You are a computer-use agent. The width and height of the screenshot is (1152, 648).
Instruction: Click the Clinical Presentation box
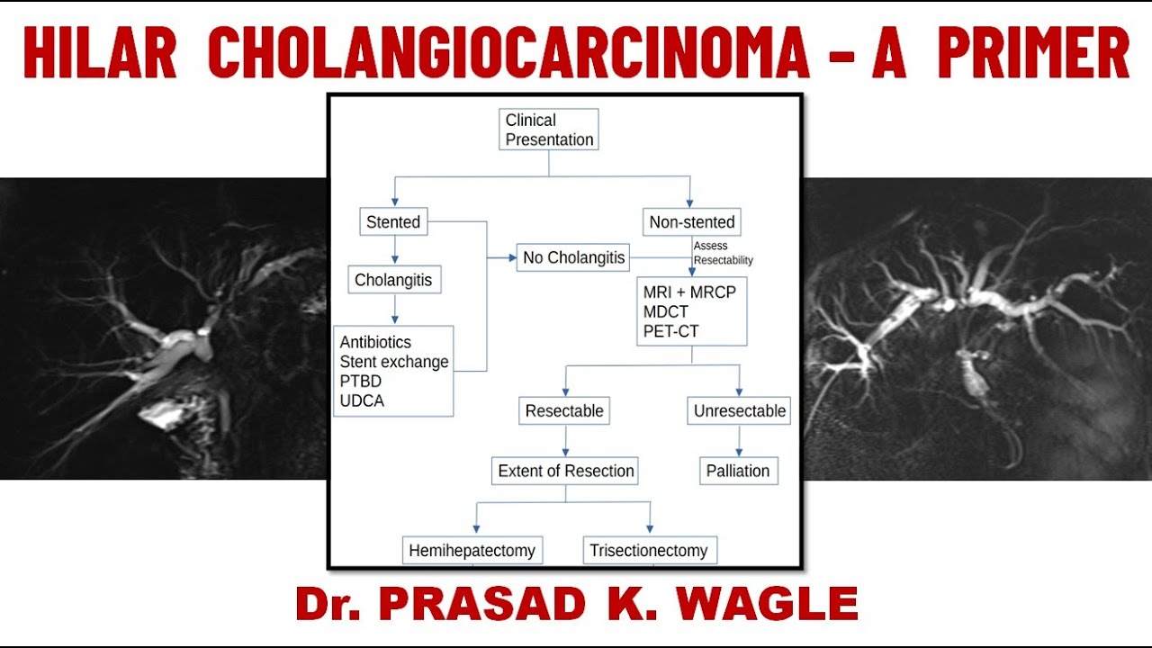click(548, 130)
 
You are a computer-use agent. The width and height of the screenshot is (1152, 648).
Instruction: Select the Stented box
click(393, 221)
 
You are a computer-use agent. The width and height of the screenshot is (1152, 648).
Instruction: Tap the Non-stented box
click(692, 221)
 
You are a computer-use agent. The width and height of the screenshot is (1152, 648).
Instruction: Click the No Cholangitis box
click(573, 257)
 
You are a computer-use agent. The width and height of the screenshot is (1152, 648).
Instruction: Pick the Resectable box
click(564, 411)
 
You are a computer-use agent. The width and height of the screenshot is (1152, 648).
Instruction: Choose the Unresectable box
click(739, 411)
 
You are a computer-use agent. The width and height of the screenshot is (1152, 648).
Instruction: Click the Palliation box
click(738, 471)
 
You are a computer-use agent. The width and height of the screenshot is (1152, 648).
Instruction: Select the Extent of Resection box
click(565, 471)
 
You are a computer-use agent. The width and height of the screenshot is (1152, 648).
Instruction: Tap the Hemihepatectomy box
click(472, 550)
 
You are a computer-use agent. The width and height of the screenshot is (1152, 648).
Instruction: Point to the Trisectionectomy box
click(648, 550)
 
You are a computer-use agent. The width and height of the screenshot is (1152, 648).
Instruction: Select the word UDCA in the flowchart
click(362, 401)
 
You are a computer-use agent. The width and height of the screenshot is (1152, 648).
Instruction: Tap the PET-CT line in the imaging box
click(670, 331)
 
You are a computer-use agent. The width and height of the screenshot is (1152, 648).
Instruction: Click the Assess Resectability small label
click(723, 253)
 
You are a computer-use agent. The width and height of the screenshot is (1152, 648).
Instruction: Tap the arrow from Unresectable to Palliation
click(739, 441)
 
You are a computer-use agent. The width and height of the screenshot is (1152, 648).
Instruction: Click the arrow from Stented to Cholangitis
click(393, 249)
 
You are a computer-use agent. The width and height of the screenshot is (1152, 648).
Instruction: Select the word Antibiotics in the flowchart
click(375, 342)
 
